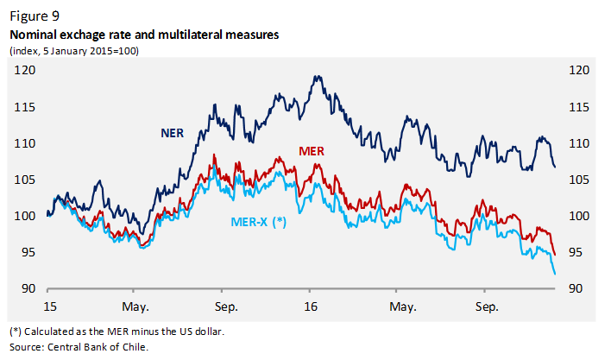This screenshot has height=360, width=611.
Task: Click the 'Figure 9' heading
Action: (34, 16)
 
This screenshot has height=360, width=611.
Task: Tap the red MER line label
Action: (311, 151)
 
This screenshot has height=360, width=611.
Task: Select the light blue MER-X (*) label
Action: (259, 221)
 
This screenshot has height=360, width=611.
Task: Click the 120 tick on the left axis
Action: (25, 71)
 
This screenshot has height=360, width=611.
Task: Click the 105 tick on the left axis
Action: (25, 180)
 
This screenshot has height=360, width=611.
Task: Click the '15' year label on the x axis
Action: (51, 306)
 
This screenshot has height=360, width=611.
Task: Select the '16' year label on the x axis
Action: (311, 306)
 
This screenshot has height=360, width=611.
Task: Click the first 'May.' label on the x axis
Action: (135, 306)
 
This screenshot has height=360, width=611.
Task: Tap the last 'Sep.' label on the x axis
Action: (488, 306)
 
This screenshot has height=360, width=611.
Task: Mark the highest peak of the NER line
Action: (317, 76)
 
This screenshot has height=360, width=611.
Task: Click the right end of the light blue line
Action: (554, 274)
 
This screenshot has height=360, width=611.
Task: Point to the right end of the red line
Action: (554, 255)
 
